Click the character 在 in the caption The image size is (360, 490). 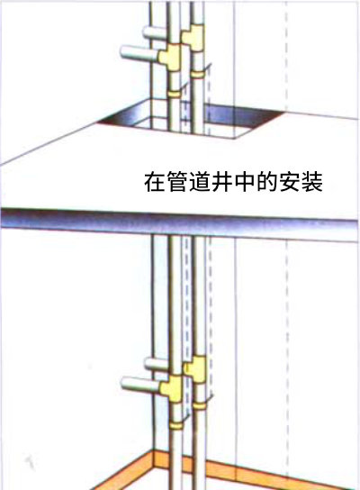click(155, 182)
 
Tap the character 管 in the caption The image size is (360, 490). click(177, 182)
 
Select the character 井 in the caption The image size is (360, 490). click(222, 182)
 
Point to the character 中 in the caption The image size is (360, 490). click(245, 182)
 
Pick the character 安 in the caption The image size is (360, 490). click(290, 182)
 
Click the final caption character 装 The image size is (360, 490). click(312, 182)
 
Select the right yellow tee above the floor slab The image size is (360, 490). click(193, 38)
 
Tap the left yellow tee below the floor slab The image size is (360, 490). click(171, 388)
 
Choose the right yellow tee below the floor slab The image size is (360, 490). click(194, 368)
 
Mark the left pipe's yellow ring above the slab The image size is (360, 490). click(175, 94)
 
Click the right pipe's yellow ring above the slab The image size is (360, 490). click(198, 75)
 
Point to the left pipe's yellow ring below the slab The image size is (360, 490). click(176, 426)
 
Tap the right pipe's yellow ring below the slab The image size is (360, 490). click(199, 406)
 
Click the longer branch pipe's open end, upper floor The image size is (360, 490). click(124, 51)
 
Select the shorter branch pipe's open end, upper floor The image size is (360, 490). click(147, 32)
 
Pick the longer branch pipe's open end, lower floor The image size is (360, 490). click(124, 383)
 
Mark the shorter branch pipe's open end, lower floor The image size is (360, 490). click(148, 363)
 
